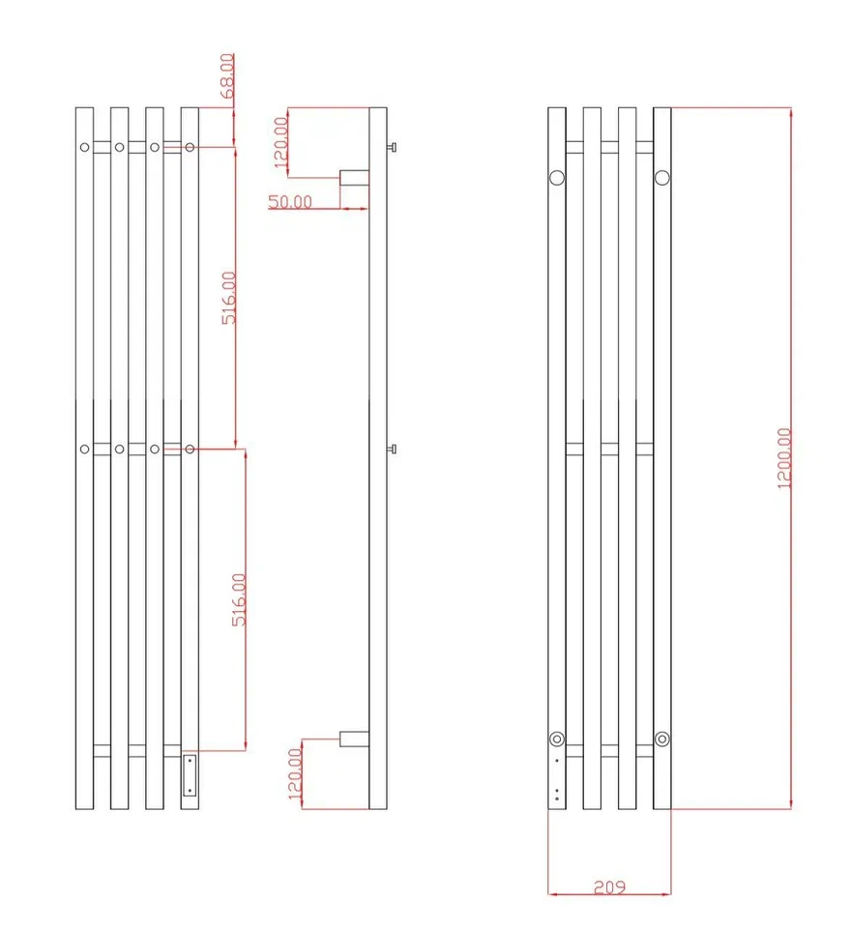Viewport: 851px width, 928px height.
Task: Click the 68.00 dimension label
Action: pyautogui.click(x=227, y=75)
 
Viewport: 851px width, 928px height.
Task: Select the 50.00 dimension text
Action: pyautogui.click(x=290, y=201)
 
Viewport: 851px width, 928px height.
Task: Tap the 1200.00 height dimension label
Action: pyautogui.click(x=784, y=458)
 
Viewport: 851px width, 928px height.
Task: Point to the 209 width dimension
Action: pyautogui.click(x=609, y=886)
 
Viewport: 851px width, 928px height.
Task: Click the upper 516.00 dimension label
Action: pyautogui.click(x=228, y=298)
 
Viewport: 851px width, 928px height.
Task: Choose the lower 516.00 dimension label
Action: pyautogui.click(x=239, y=599)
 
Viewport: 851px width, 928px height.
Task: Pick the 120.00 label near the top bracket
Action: pyautogui.click(x=280, y=143)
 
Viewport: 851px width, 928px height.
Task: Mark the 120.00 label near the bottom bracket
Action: pyautogui.click(x=295, y=773)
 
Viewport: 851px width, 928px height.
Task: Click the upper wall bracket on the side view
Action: pyautogui.click(x=354, y=178)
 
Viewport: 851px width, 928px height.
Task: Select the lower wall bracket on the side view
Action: pyautogui.click(x=354, y=739)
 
